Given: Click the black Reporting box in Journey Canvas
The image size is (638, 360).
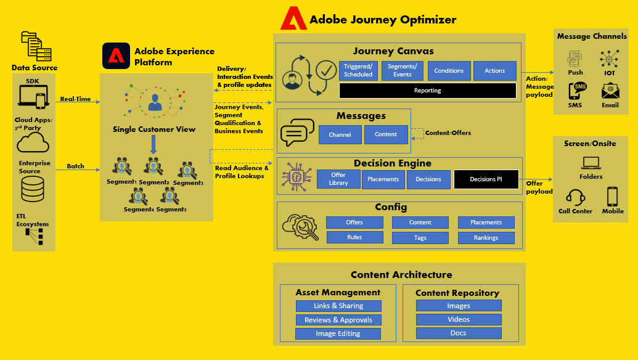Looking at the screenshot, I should [427, 91].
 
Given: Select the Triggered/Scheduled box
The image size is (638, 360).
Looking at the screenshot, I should [358, 71].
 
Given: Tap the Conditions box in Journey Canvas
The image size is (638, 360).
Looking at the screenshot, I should [449, 71].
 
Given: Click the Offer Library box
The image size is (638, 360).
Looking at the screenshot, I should [338, 179].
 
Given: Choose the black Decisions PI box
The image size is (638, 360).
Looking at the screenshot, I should [486, 179].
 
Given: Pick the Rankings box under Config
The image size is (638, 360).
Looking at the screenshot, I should [486, 237].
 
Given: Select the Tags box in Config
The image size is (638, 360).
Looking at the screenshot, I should [420, 237].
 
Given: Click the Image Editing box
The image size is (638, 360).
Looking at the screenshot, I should [338, 333].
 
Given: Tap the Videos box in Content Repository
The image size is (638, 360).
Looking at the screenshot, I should [458, 319].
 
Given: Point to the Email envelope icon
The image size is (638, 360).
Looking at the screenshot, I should [610, 91].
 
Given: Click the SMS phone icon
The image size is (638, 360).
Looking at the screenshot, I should [577, 91].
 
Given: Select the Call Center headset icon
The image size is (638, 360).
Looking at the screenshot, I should [575, 197].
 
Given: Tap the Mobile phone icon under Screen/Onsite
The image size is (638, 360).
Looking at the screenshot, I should [612, 197].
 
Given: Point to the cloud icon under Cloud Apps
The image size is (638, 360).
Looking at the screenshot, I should [33, 143].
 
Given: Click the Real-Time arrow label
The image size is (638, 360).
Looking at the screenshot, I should [75, 99].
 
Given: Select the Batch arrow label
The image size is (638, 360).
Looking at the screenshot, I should [75, 166].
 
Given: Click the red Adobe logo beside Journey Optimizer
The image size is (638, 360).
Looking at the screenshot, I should [293, 18].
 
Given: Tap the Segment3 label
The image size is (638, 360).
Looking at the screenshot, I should [188, 183].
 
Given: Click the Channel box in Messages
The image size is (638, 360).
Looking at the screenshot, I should [340, 135].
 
